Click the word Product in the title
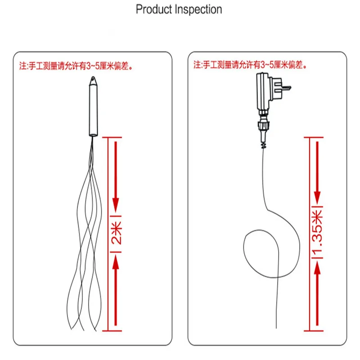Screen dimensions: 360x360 click(154, 9)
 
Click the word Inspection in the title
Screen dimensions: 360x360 click(198, 9)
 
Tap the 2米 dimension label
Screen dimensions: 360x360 click(116, 233)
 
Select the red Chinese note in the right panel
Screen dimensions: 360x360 click(250, 65)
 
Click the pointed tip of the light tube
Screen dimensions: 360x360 click(93, 77)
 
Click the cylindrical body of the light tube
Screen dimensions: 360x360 click(93, 110)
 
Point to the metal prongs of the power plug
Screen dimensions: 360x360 click(287, 88)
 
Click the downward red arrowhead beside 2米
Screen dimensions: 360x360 click(116, 204)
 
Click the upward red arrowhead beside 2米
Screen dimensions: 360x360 click(116, 262)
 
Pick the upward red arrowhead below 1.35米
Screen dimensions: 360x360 click(317, 267)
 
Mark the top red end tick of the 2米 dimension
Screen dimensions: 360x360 click(112, 137)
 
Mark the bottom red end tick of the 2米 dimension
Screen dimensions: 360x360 click(112, 331)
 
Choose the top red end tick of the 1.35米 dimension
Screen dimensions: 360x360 click(313, 137)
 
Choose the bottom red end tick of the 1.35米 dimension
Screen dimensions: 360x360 click(313, 331)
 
